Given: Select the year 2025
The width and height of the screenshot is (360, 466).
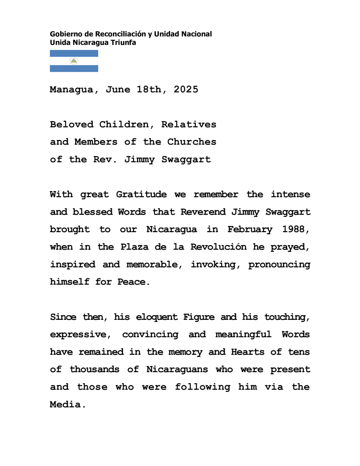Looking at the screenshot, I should click(x=186, y=90).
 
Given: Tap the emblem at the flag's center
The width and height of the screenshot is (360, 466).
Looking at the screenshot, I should click(x=74, y=61).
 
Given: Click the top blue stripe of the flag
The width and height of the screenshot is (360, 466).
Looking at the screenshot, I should click(x=74, y=53).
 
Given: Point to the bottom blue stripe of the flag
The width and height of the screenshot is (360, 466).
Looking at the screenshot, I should click(x=74, y=69).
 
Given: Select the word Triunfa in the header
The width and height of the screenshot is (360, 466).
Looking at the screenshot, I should click(x=124, y=42).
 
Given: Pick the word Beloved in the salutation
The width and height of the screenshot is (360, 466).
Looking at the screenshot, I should click(x=72, y=124).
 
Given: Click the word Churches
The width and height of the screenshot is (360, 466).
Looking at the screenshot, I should click(x=192, y=142).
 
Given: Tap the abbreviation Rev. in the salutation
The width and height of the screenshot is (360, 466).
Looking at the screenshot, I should click(x=106, y=159).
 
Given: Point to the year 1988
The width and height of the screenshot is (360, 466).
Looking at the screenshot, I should click(x=298, y=229).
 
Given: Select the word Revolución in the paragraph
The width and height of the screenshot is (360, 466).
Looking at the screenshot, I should click(x=216, y=247).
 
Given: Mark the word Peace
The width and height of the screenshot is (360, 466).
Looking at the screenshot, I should click(x=133, y=282).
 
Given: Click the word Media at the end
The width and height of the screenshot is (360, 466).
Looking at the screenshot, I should click(x=65, y=404).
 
